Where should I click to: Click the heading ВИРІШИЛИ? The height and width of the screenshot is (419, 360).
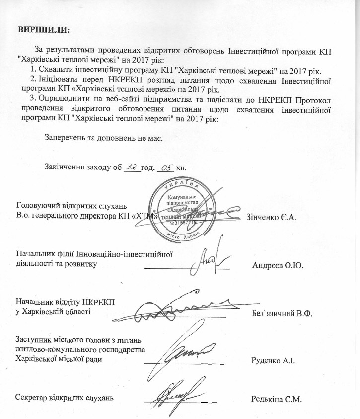tap(44, 28)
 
